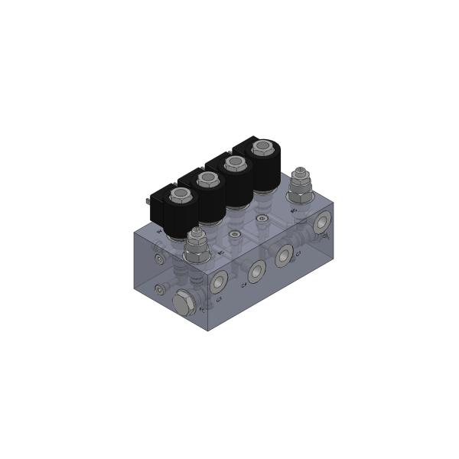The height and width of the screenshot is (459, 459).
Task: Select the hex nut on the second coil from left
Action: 206,179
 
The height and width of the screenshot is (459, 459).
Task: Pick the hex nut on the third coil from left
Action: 233,162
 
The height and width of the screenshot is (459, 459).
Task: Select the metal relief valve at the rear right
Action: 299,186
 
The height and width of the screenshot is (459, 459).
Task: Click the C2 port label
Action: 220,301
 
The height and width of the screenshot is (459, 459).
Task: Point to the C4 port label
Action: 244,285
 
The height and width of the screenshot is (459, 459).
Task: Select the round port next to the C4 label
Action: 256,269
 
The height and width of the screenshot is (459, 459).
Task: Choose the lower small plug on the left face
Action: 158,289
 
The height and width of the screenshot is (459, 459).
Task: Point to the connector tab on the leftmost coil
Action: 145,202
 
